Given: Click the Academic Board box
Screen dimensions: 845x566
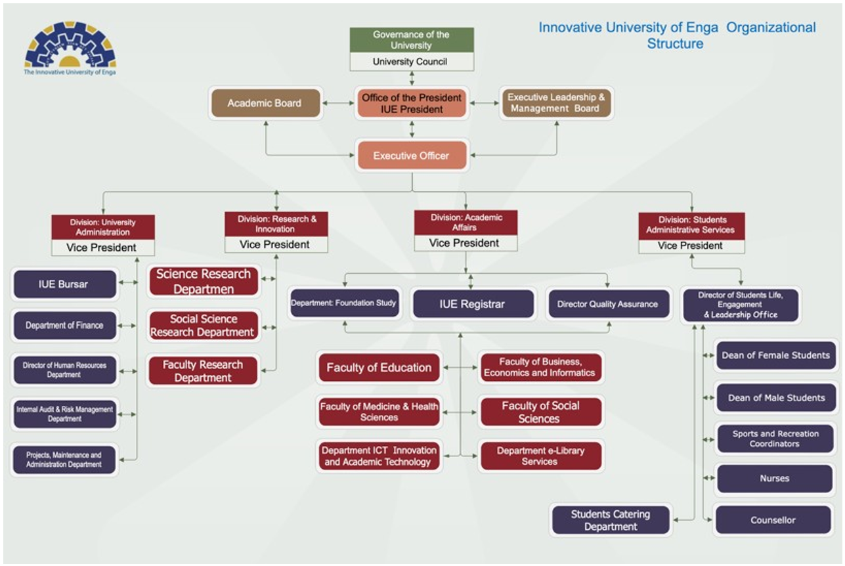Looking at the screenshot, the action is [x=265, y=103].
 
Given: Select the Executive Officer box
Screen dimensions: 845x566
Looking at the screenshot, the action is [x=412, y=156].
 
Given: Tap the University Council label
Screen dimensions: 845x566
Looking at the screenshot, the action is [x=410, y=62].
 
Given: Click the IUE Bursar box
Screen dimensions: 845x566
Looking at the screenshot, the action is [x=65, y=284].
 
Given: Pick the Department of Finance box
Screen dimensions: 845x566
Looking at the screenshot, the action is [x=65, y=325].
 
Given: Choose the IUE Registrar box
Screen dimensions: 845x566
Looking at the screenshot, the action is [x=473, y=304].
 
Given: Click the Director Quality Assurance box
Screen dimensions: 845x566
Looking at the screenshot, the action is [x=609, y=304].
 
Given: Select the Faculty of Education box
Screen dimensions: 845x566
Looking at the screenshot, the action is [x=379, y=368].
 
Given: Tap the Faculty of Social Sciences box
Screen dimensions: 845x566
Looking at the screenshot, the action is [x=541, y=412].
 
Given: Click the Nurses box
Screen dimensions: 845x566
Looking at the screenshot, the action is [x=775, y=479].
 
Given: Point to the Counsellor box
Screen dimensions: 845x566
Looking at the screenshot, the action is [x=773, y=520].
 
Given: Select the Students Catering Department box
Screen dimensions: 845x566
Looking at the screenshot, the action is [x=611, y=520].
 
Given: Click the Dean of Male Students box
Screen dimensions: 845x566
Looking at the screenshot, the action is [x=776, y=398].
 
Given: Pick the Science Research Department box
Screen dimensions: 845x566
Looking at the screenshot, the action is [x=204, y=281].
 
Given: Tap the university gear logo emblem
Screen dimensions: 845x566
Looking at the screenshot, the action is [x=70, y=45].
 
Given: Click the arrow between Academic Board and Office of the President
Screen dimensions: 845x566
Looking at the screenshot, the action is [x=338, y=103].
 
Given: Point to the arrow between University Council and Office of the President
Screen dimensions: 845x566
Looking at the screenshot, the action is [x=412, y=79].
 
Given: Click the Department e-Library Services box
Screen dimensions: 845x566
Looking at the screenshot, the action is [x=541, y=456].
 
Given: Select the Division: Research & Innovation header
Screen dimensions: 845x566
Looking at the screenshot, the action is [x=276, y=224].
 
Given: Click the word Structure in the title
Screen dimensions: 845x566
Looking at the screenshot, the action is [x=675, y=44].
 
